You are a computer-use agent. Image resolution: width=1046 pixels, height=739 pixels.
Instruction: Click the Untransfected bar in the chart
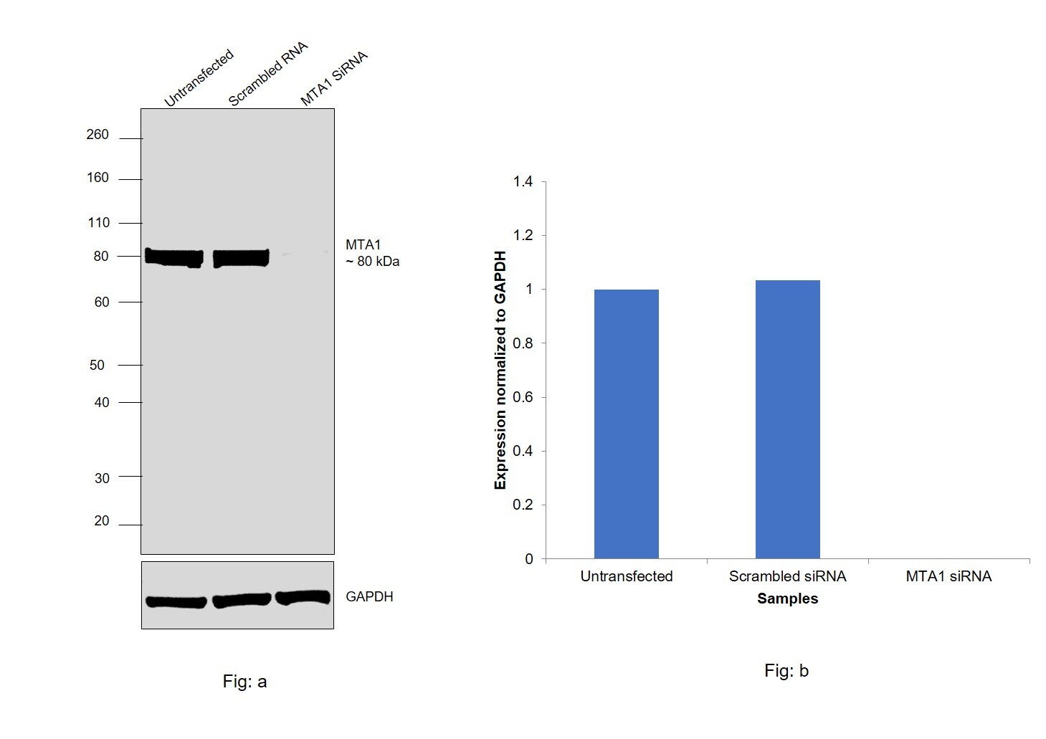(x=626, y=424)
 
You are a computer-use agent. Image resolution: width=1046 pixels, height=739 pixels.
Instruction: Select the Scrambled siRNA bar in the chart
(x=787, y=419)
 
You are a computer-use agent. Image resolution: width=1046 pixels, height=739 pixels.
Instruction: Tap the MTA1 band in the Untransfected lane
(x=173, y=257)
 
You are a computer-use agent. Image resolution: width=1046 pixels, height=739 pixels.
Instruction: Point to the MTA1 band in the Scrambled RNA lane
(x=241, y=257)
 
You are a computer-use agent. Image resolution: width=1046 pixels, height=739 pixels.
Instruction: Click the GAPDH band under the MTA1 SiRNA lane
(x=303, y=597)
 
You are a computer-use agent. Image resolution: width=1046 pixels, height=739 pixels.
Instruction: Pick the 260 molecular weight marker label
(x=98, y=135)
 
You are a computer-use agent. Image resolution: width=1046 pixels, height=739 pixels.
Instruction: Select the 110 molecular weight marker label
(x=98, y=223)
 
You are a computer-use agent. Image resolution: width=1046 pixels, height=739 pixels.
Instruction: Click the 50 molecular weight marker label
(x=97, y=366)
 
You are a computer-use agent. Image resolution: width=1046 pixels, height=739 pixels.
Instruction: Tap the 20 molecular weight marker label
(x=101, y=521)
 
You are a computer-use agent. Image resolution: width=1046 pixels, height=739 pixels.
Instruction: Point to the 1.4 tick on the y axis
(x=523, y=182)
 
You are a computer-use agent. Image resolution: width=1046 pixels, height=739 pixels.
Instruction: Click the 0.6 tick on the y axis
(x=523, y=397)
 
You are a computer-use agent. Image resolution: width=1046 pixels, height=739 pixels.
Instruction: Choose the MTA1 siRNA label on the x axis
(x=948, y=576)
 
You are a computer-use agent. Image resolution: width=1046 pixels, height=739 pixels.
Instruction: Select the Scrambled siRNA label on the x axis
(x=787, y=576)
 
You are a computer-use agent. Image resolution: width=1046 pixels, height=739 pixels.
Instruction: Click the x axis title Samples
(x=787, y=599)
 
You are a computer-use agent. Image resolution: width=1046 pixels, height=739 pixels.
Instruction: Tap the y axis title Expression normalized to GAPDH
(x=500, y=370)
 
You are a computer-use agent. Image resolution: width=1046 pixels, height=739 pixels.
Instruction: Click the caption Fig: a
(x=244, y=682)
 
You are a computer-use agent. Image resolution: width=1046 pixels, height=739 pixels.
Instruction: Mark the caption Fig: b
(x=786, y=671)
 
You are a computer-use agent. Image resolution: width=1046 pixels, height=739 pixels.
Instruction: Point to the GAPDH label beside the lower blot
(x=369, y=597)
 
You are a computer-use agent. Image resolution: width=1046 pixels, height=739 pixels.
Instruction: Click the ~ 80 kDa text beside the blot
(x=372, y=262)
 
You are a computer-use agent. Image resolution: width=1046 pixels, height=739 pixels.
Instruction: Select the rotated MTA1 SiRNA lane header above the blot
(x=333, y=79)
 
